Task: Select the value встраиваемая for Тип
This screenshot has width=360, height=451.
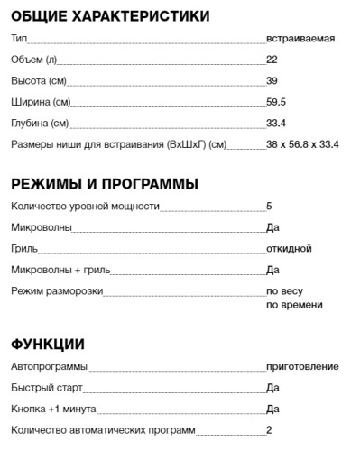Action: click(x=301, y=39)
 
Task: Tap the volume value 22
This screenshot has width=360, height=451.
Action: click(x=272, y=60)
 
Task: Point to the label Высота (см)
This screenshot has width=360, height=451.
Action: click(x=39, y=80)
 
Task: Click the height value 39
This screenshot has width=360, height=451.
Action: click(x=272, y=80)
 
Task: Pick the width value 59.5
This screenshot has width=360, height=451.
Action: click(x=276, y=102)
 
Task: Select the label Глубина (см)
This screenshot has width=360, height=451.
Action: click(x=42, y=123)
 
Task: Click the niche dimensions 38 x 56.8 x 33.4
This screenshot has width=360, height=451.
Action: click(x=302, y=143)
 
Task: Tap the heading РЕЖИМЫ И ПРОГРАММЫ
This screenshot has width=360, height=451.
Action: click(x=105, y=185)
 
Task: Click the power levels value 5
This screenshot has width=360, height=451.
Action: click(x=269, y=207)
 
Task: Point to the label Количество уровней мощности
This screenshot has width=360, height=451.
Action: click(x=85, y=207)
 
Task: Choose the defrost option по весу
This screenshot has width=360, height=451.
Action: click(x=284, y=290)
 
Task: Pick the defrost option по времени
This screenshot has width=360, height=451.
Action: click(x=293, y=305)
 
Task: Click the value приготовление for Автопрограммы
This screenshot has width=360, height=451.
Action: click(x=302, y=366)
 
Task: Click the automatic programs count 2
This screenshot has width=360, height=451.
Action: click(x=269, y=429)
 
